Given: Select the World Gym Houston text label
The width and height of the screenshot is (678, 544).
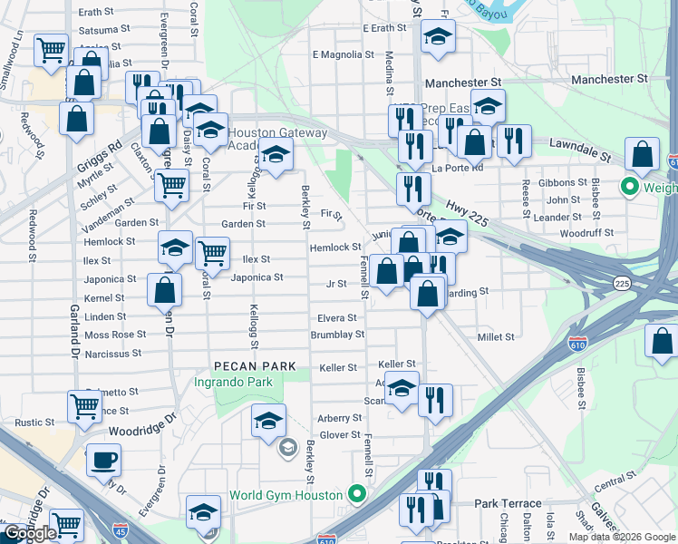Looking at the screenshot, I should point(286,495).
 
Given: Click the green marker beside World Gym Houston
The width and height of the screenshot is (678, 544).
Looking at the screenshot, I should point(357,495).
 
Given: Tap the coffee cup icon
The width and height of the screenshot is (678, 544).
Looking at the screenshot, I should point(103,459).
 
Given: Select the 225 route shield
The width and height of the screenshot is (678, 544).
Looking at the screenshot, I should point(622,284).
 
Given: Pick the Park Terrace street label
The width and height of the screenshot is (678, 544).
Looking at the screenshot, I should point(508,503).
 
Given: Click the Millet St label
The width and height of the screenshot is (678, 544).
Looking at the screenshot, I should point(496,336).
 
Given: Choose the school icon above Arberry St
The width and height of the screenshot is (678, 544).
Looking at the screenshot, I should point(268,421).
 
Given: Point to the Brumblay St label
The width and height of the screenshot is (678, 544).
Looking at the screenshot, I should point(336,334).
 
